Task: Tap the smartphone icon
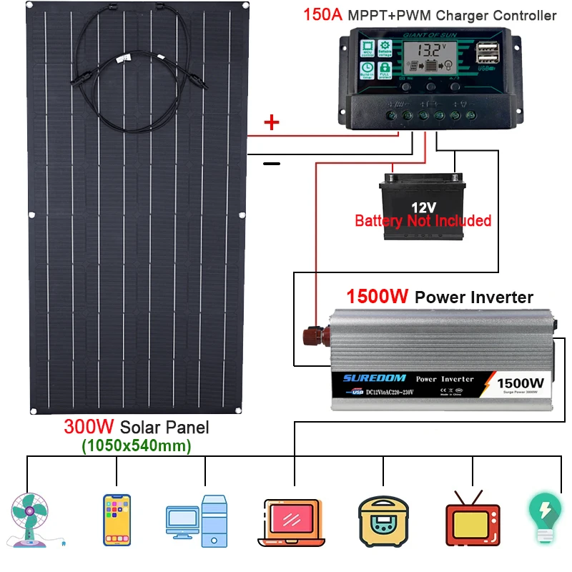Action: (117, 518)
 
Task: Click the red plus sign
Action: (272, 122)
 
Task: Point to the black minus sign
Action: (272, 163)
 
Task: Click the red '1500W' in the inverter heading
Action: (378, 297)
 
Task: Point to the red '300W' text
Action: (89, 428)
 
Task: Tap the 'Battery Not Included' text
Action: (423, 220)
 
